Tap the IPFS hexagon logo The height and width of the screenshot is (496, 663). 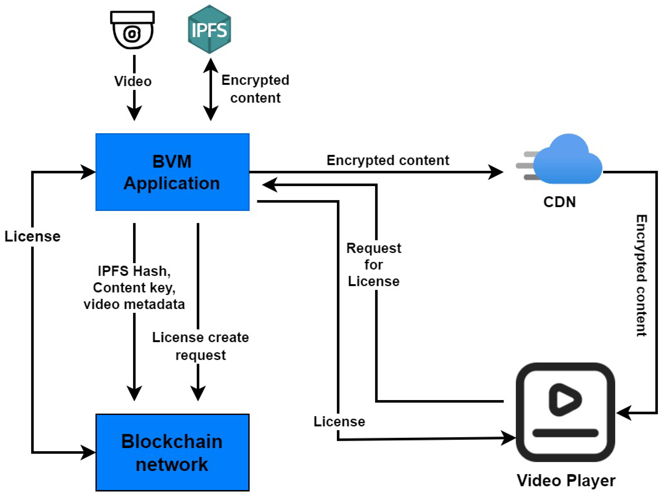tap(209, 29)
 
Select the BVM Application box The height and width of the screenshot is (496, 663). tap(172, 172)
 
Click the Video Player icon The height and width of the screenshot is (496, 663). tap(565, 412)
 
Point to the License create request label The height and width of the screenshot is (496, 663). tap(200, 346)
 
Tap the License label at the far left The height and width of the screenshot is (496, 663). tap(32, 236)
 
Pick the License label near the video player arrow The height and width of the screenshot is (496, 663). tap(339, 422)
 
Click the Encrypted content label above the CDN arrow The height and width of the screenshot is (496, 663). tap(388, 160)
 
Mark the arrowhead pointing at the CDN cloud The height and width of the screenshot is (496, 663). tap(496, 172)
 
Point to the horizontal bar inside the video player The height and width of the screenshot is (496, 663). tap(565, 433)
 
